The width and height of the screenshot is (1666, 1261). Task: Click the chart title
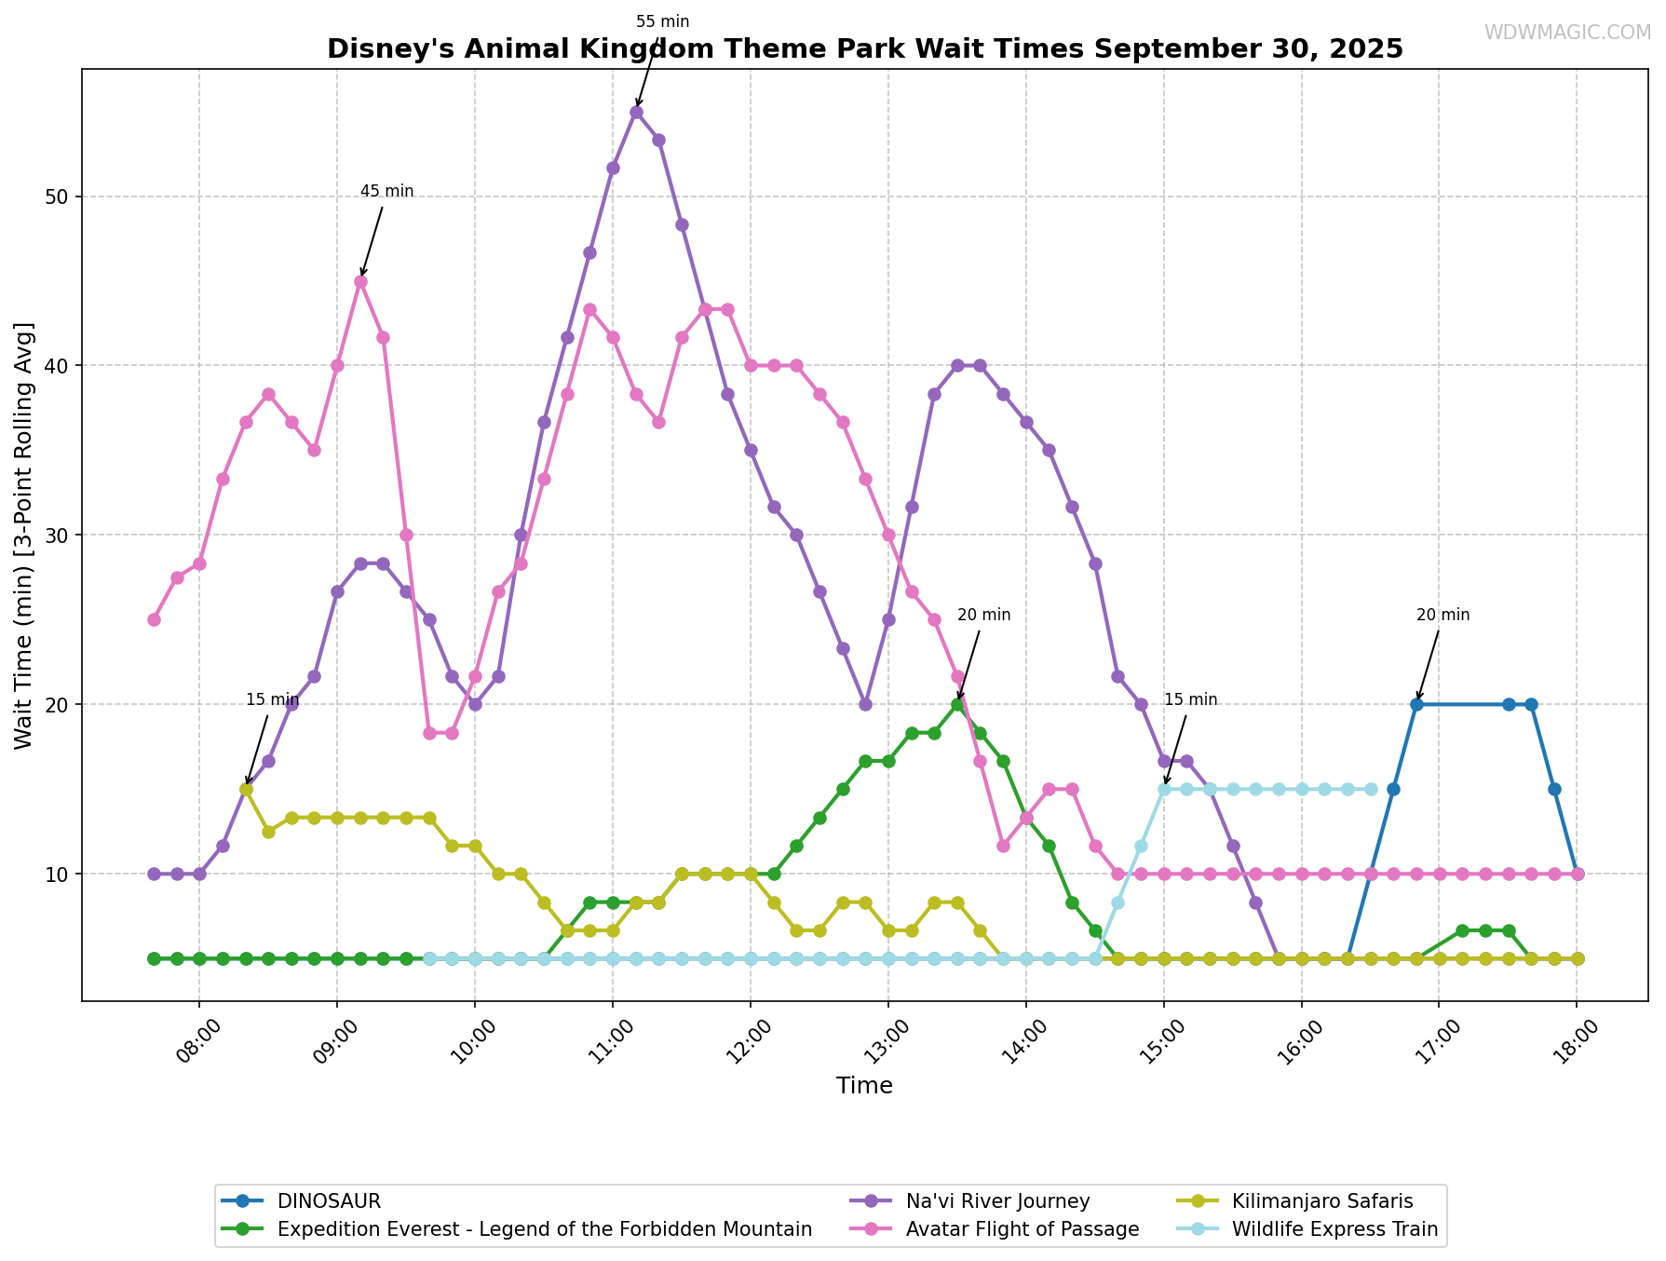[x=864, y=48]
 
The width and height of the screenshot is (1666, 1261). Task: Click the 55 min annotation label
[x=662, y=21]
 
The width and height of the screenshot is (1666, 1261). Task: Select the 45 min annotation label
[x=386, y=191]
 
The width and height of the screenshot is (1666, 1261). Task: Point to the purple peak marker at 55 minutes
[x=636, y=112]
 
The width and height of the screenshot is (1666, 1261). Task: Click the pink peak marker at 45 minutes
[x=360, y=281]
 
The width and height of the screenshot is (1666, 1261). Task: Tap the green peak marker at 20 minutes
[x=957, y=704]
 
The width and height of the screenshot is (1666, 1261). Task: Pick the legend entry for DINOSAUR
[x=329, y=1201]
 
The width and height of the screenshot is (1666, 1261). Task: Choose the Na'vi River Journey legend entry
[x=997, y=1201]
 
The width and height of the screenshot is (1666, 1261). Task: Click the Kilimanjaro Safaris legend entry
[x=1321, y=1201]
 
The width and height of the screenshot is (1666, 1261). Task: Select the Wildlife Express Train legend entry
[x=1334, y=1229]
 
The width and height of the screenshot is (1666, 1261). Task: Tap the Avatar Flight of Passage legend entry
[x=1022, y=1229]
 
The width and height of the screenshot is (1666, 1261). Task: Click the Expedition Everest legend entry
[x=544, y=1229]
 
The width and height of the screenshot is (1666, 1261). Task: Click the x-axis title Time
[x=864, y=1086]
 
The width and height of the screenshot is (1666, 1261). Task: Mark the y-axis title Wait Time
[x=24, y=535]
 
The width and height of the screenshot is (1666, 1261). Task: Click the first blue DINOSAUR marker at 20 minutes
[x=1416, y=704]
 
